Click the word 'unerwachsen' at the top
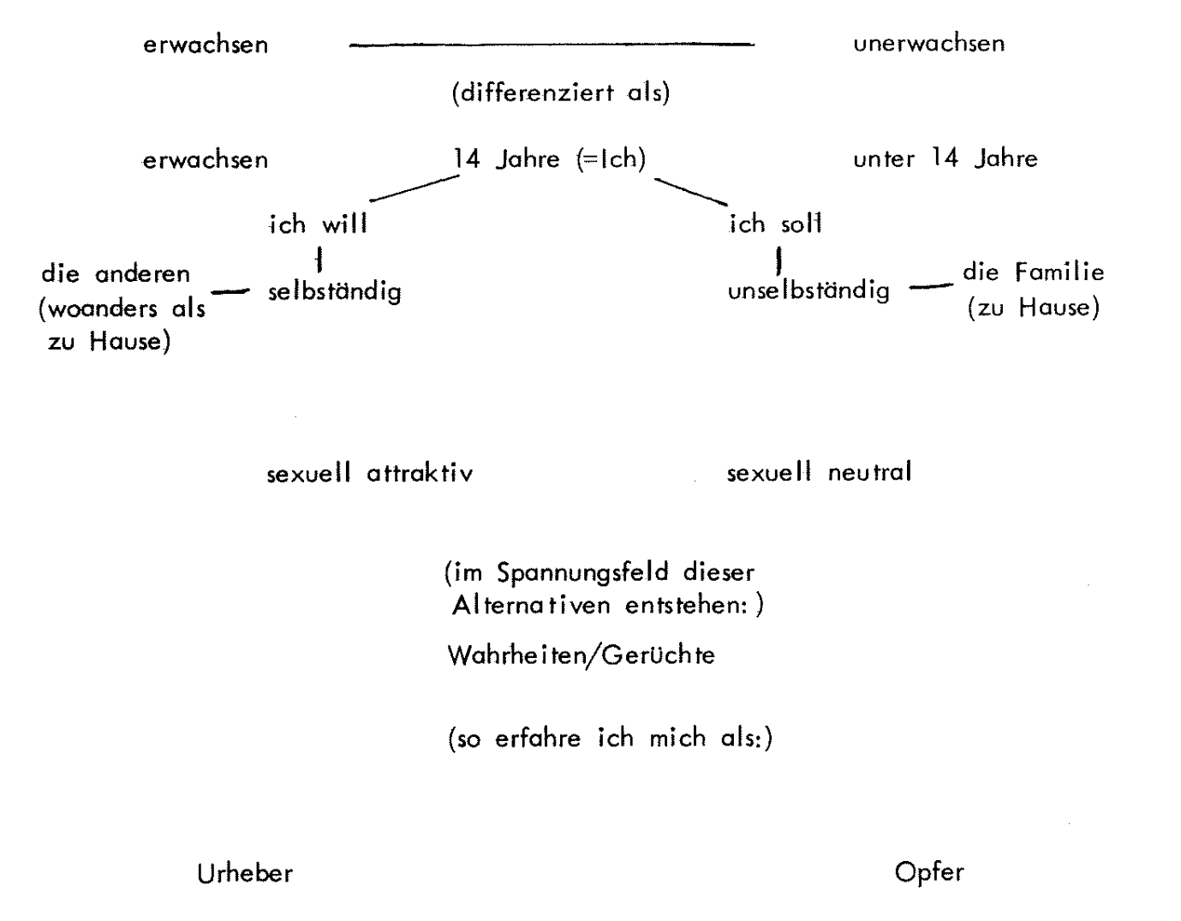[x=928, y=44]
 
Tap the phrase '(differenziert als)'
[x=560, y=93]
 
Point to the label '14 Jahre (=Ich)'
[x=549, y=159]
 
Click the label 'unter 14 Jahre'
[x=945, y=159]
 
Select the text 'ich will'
[x=318, y=224]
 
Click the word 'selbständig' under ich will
[x=334, y=291]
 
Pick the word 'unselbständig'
[x=808, y=291]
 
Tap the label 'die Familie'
[x=1033, y=272]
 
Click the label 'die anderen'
[x=116, y=274]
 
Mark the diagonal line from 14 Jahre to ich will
[x=414, y=189]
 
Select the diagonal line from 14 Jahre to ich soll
[x=690, y=191]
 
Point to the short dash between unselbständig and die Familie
[x=930, y=288]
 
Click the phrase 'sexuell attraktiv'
[x=369, y=473]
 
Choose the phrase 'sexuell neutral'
[x=819, y=472]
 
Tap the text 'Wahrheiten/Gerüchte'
[x=581, y=656]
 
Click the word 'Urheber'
[x=245, y=873]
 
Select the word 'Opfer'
[x=928, y=873]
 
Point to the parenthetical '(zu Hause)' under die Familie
[x=1033, y=308]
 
